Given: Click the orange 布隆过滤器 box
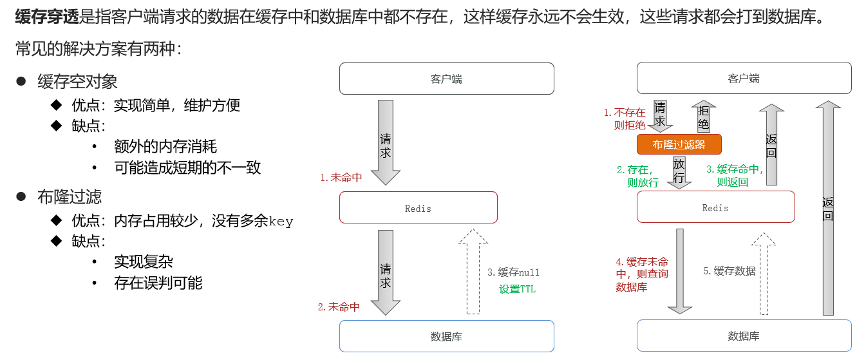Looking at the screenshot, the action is click(x=679, y=144).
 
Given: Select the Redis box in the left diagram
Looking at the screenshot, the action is click(x=419, y=207).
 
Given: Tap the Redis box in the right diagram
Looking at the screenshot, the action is click(x=715, y=207).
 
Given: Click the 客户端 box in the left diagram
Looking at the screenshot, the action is click(x=447, y=79).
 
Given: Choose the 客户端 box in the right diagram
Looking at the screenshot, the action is click(x=744, y=78).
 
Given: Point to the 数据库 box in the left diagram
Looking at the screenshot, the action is click(x=447, y=336).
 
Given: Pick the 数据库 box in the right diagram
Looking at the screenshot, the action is click(x=744, y=336).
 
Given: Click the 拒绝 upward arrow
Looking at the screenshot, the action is click(x=704, y=117).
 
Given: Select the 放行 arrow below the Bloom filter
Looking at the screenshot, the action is click(x=679, y=173).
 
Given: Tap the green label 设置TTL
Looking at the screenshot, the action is click(x=517, y=289).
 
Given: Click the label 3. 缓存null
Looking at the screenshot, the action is click(x=513, y=272).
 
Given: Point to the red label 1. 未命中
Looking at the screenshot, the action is click(x=341, y=178).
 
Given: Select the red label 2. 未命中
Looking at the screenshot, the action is click(x=339, y=307).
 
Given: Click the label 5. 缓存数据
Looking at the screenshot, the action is click(x=729, y=271).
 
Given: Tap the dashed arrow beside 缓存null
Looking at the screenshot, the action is click(x=473, y=272).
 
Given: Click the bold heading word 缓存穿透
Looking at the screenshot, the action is click(x=47, y=17).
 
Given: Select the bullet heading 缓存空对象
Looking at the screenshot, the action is click(x=77, y=82).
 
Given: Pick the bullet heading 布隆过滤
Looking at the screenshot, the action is click(x=70, y=197).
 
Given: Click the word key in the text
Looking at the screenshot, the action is click(x=281, y=222).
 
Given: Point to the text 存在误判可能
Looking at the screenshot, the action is click(x=158, y=283).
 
